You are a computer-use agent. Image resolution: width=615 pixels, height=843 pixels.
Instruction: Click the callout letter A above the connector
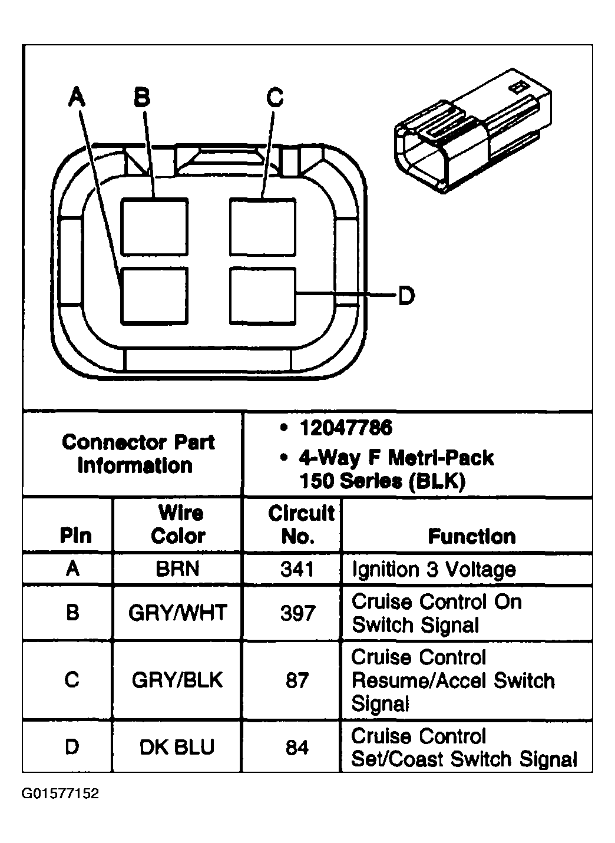click(x=76, y=96)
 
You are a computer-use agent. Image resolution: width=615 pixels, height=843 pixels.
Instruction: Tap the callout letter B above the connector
click(x=141, y=96)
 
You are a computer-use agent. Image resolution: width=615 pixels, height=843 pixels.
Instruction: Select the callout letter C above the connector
click(x=275, y=97)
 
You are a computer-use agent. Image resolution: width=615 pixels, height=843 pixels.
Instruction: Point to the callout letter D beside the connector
click(x=406, y=295)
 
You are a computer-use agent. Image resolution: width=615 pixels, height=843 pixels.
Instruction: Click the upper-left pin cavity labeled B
click(x=155, y=227)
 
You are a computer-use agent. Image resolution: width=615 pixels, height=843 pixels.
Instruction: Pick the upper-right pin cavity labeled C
click(x=263, y=227)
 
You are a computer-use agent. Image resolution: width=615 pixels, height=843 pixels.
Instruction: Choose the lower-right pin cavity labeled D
click(x=263, y=296)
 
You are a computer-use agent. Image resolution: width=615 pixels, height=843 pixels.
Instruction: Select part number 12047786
click(x=345, y=428)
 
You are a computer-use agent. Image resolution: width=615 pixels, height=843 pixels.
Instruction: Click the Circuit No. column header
click(x=300, y=525)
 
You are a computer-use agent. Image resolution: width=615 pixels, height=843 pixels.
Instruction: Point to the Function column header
click(x=472, y=536)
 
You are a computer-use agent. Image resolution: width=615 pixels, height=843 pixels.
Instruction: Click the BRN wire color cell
click(x=177, y=569)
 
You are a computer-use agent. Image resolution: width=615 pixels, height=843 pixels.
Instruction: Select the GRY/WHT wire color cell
click(x=177, y=613)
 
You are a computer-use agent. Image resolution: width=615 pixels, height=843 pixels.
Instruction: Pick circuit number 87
click(x=297, y=680)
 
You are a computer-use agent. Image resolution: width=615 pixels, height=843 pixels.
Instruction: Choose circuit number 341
click(x=297, y=569)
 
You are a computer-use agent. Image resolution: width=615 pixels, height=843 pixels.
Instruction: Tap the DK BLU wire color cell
click(x=177, y=748)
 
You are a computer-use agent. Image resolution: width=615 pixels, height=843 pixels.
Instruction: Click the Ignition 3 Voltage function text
click(x=434, y=570)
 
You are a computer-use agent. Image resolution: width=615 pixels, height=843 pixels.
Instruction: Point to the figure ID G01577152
click(x=61, y=794)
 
